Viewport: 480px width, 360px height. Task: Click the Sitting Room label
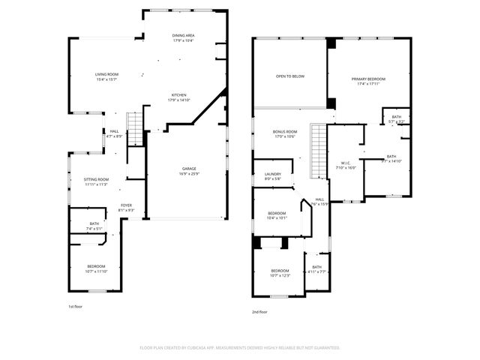pos(96,179)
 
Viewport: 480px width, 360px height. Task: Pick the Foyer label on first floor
pos(127,205)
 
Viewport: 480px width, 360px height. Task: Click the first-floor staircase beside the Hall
pos(133,128)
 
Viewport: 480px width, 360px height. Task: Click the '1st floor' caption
pos(76,306)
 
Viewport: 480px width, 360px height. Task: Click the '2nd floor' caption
pos(260,313)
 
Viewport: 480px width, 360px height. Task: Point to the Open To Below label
pos(290,76)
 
